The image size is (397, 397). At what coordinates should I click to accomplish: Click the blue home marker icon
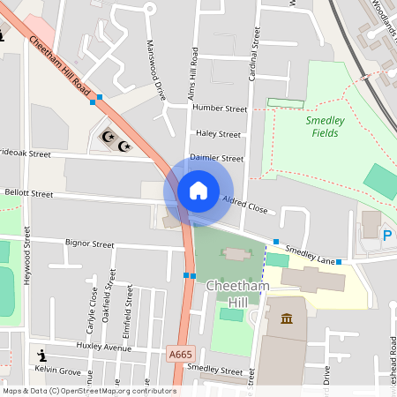point(198,190)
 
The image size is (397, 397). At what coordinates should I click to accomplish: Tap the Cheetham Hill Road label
point(60,66)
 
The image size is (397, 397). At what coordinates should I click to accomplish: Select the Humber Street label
point(219,109)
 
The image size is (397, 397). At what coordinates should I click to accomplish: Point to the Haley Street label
point(218,134)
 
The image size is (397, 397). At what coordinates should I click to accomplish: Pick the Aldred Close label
point(243,204)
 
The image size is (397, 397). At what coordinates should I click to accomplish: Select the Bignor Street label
point(90,243)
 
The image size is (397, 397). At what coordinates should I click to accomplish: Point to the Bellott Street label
point(28,193)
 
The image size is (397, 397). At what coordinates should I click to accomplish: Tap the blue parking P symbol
point(387,236)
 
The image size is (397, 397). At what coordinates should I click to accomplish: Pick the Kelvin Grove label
point(57,371)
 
